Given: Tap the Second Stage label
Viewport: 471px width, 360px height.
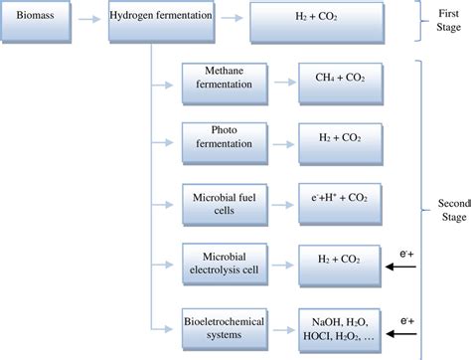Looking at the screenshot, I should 453,210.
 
